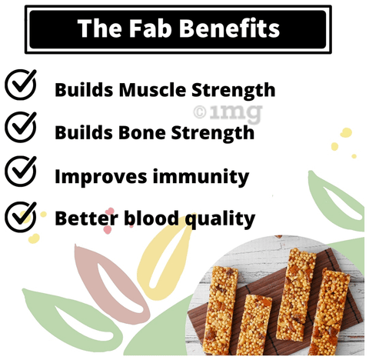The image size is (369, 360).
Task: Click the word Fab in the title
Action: pyautogui.click(x=150, y=28)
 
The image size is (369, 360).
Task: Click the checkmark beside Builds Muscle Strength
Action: pyautogui.click(x=21, y=85)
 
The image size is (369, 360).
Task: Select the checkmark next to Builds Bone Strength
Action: pyautogui.click(x=21, y=127)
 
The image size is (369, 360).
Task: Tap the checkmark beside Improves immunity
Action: pyautogui.click(x=21, y=171)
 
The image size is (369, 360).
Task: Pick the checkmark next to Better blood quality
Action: pyautogui.click(x=21, y=217)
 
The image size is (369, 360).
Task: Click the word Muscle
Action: pyautogui.click(x=152, y=90)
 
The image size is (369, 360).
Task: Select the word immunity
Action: pyautogui.click(x=201, y=178)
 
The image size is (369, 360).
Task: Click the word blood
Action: pyautogui.click(x=151, y=218)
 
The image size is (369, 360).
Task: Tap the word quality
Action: pyautogui.click(x=220, y=219)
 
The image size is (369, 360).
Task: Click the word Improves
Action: pyautogui.click(x=101, y=177)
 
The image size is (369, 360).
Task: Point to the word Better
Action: pyautogui.click(x=87, y=218)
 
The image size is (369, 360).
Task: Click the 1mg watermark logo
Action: pyautogui.click(x=228, y=113)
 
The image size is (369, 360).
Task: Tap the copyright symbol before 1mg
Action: pyautogui.click(x=200, y=112)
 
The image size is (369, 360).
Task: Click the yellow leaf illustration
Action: pyautogui.click(x=166, y=257)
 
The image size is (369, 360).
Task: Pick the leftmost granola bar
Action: pyautogui.click(x=220, y=309)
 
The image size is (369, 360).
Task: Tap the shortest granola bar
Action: pyautogui.click(x=254, y=325)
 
